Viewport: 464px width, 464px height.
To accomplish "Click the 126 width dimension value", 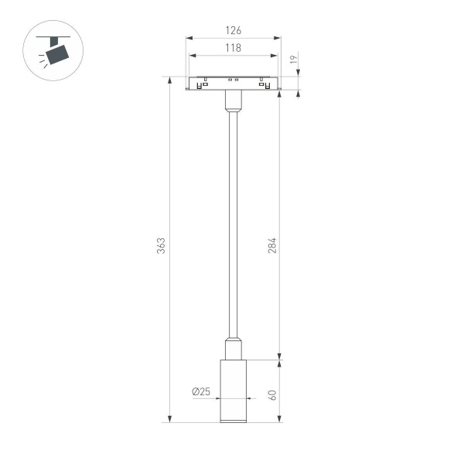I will pos(234,31).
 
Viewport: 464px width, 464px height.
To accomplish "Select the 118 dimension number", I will pos(234,48).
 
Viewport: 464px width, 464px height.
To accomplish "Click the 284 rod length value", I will pos(271,245).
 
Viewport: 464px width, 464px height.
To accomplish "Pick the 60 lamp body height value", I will pos(271,394).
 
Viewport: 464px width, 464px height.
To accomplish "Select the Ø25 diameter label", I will pos(201,391).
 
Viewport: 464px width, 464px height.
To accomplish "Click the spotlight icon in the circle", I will pos(54,51).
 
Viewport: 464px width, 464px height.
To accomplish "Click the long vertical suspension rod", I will pos(234,224).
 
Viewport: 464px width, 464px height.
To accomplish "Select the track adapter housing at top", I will pos(234,84).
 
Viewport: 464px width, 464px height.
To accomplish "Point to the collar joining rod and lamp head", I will pos(234,348).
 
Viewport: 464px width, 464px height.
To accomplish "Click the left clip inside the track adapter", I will pos(203,84).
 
